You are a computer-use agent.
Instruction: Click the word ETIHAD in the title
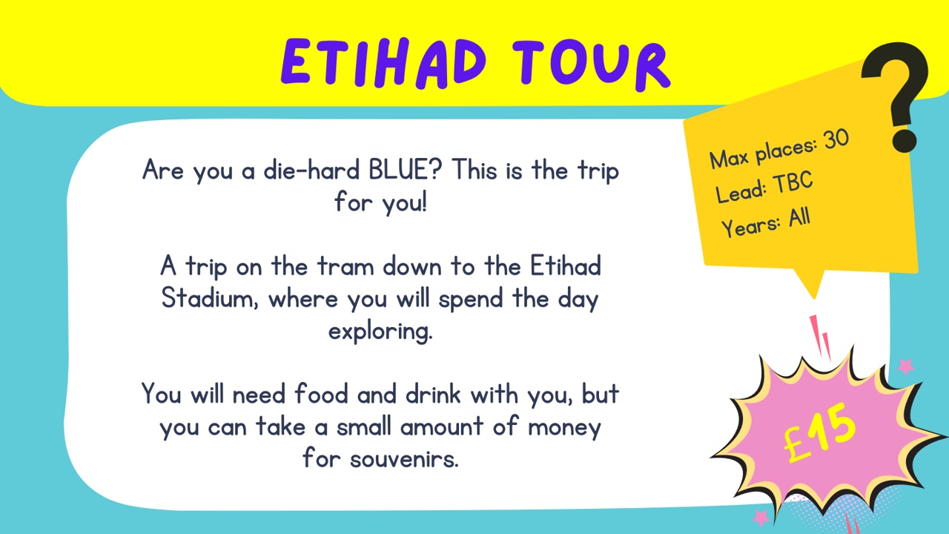coord(383,63)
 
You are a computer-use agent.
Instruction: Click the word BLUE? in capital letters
coord(405,170)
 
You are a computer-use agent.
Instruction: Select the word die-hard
coord(311,170)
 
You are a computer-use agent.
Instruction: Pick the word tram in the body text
coord(345,266)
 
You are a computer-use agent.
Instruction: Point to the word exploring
coord(380,332)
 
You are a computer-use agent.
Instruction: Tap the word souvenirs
coord(404,459)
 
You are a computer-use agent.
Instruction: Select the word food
coord(321,394)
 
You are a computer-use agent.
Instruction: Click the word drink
coord(433,394)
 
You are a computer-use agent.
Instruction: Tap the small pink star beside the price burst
coord(905,366)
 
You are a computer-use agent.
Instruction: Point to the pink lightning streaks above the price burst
coord(819,337)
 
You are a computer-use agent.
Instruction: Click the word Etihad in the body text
coord(566,266)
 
